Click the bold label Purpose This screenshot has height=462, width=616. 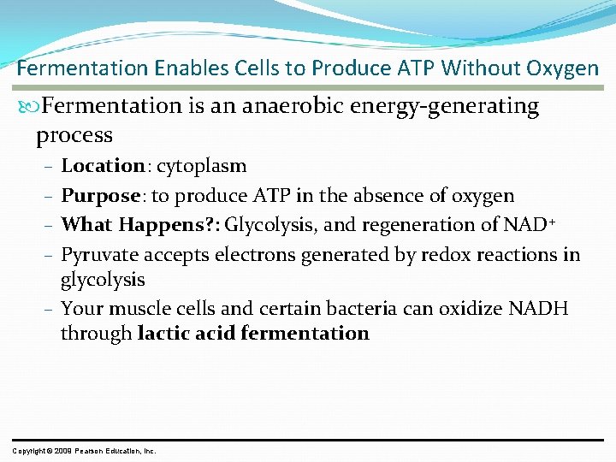(x=101, y=196)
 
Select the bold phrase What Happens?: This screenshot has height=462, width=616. (x=140, y=225)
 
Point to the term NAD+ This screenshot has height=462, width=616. (x=531, y=225)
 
